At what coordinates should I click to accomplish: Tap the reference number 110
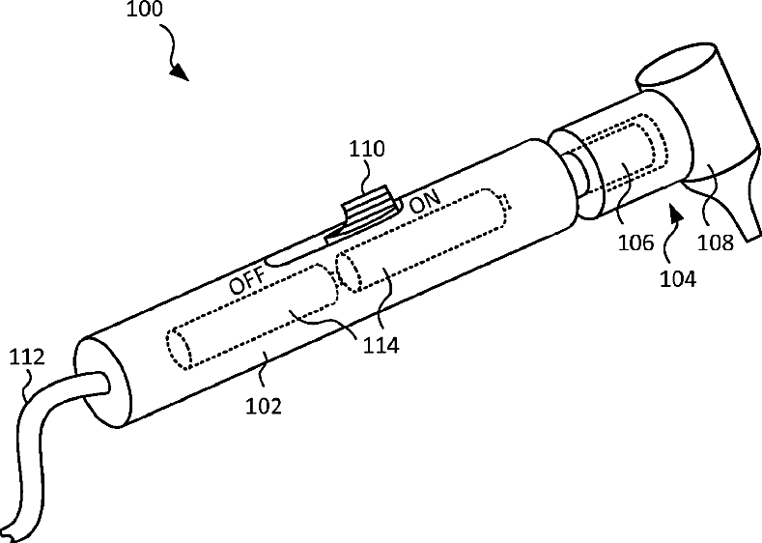coord(368,150)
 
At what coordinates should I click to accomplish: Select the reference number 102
coord(263,406)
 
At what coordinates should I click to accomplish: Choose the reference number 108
coord(716,243)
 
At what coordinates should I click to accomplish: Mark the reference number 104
coord(679,279)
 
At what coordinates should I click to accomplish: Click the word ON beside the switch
coord(425,205)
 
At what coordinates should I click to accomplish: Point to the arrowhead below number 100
coord(180,73)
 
